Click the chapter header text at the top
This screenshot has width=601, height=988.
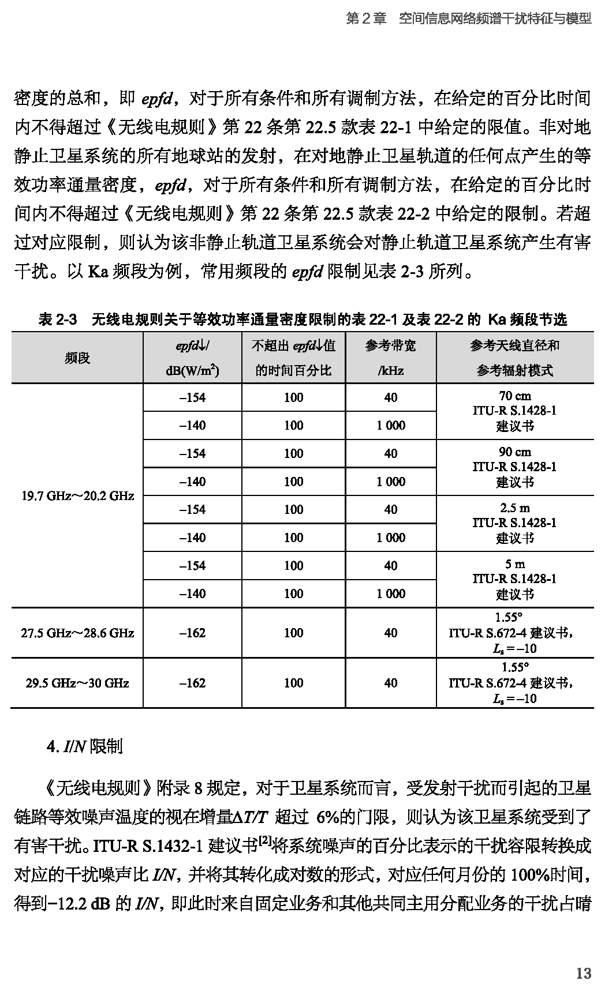click(x=469, y=18)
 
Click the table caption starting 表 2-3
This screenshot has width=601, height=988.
click(x=302, y=319)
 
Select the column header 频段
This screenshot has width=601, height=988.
click(x=77, y=358)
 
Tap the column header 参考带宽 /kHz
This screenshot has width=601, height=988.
click(x=390, y=358)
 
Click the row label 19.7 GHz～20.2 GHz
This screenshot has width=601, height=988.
click(x=77, y=495)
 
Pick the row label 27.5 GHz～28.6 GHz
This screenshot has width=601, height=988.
click(x=77, y=633)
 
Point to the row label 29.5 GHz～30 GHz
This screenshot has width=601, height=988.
click(x=77, y=683)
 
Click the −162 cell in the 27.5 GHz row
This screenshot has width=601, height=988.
click(x=192, y=633)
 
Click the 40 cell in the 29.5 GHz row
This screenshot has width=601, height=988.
click(x=390, y=683)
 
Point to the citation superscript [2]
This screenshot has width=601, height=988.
click(x=265, y=842)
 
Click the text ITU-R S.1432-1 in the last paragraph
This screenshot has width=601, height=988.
click(x=148, y=847)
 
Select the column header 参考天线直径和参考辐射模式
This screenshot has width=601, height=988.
click(x=514, y=358)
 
